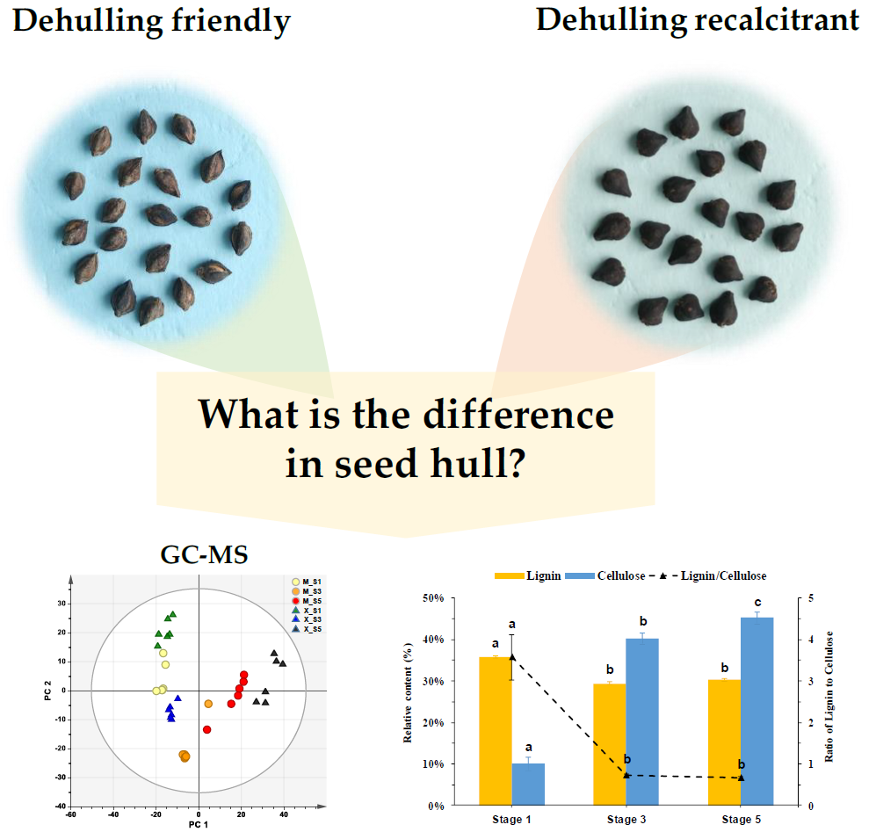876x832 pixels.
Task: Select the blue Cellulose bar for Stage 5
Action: (x=757, y=711)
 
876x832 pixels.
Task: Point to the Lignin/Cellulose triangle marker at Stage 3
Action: (x=626, y=775)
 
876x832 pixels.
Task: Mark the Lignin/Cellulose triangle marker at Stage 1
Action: (x=511, y=656)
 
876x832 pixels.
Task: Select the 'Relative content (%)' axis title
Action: (x=409, y=698)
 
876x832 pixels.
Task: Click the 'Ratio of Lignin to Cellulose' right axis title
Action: (x=829, y=698)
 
